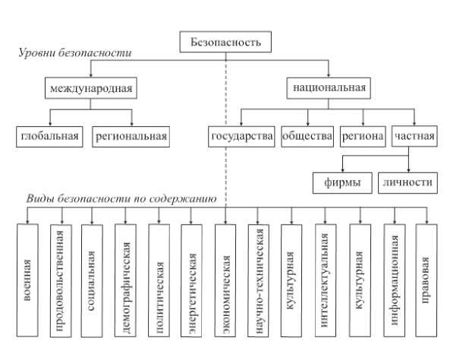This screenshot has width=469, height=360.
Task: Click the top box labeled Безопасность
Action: [225, 42]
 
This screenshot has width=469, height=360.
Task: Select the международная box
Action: [90, 89]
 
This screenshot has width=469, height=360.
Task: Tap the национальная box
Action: [329, 89]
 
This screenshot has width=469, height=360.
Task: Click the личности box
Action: [409, 182]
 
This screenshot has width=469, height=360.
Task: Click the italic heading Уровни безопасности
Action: [74, 54]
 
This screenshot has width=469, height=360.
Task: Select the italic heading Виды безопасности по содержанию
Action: [121, 198]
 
